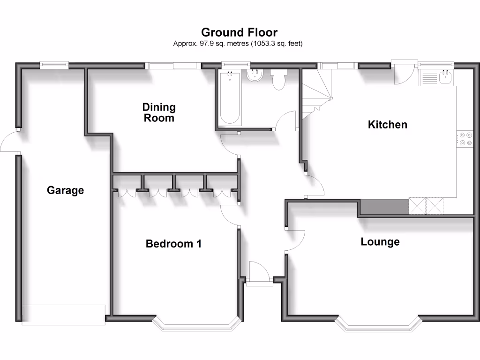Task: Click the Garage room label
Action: [x=65, y=190]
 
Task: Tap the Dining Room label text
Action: [x=159, y=112]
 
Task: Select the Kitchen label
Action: [x=387, y=125]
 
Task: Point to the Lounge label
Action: [x=380, y=242]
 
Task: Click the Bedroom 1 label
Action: [x=173, y=244]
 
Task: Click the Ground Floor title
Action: [x=239, y=32]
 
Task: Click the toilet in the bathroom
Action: [x=278, y=79]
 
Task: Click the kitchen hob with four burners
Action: [x=465, y=138]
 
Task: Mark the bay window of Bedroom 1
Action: [x=196, y=325]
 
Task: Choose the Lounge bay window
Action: [x=377, y=325]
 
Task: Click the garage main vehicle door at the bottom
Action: [x=63, y=315]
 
